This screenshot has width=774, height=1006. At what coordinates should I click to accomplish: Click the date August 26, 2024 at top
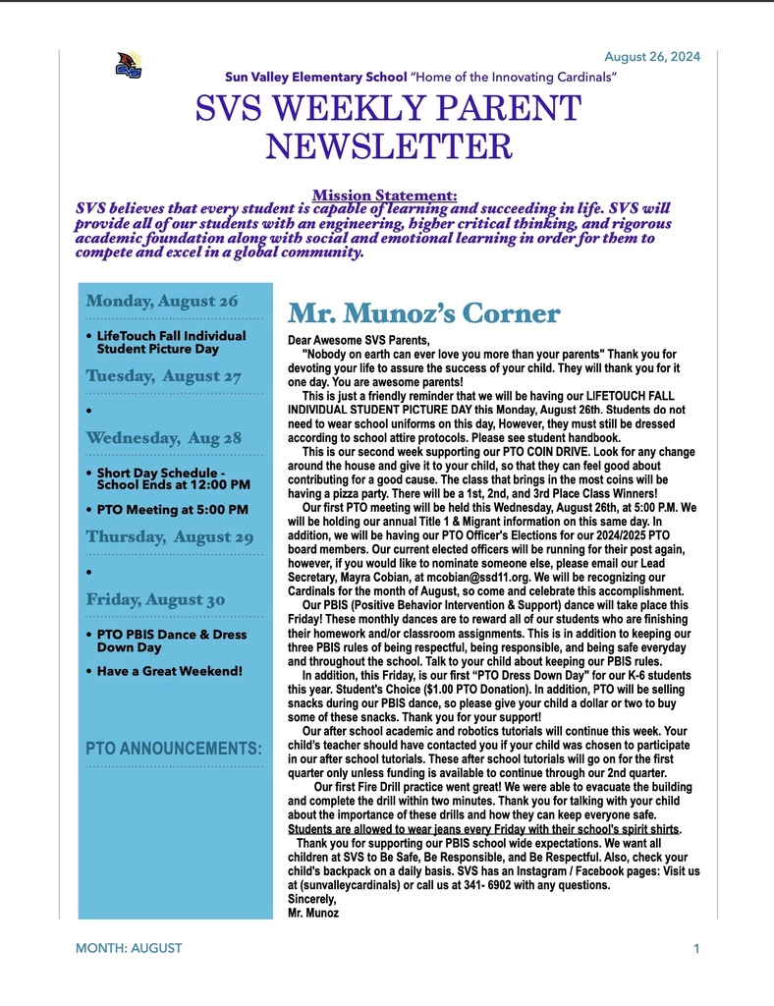coord(652,57)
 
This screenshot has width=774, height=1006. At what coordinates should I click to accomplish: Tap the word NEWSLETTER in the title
coord(389,146)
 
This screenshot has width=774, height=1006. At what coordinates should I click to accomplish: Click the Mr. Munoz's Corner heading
coord(423,313)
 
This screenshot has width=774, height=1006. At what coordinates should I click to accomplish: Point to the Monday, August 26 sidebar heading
coord(162,301)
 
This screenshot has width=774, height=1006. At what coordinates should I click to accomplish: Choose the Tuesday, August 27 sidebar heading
coord(164,376)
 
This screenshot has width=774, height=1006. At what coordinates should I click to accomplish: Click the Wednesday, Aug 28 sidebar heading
coord(164,437)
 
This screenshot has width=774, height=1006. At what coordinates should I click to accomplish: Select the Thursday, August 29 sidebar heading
coord(170,536)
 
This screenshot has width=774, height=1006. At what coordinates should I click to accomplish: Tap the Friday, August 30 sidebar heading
coord(156,599)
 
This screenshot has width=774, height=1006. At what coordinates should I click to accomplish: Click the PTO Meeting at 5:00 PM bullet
coord(173,510)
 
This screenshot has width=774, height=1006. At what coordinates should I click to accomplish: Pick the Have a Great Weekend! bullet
coord(169,671)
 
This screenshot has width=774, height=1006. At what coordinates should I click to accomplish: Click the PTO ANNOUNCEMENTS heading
coord(174,749)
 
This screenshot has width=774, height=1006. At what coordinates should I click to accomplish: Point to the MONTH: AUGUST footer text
coord(129,948)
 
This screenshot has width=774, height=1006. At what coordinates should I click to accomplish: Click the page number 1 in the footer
coord(695,948)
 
